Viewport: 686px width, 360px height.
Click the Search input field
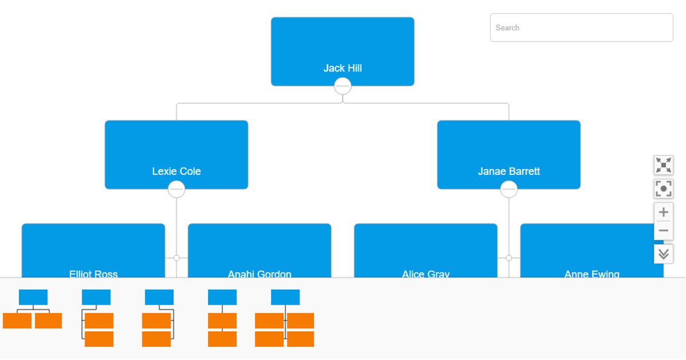tap(581, 27)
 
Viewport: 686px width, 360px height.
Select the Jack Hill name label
tap(342, 68)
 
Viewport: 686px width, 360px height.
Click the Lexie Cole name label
tap(176, 171)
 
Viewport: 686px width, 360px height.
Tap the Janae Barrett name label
tap(508, 171)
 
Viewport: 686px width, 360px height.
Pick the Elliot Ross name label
tap(93, 274)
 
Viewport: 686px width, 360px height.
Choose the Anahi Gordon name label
tap(260, 274)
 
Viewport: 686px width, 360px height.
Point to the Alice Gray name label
tap(425, 274)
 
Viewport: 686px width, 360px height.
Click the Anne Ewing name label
tap(592, 274)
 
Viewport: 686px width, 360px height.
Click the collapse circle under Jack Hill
tap(342, 86)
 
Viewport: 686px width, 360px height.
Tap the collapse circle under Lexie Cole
tap(176, 189)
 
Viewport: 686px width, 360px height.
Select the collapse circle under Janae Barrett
tap(508, 189)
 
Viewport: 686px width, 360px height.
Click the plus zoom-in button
tap(663, 212)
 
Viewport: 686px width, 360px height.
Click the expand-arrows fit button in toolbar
tap(663, 165)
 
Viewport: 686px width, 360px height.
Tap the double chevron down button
tap(663, 254)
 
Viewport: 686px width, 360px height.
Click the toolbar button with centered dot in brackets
tap(663, 189)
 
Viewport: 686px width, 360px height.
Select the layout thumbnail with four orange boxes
tap(285, 318)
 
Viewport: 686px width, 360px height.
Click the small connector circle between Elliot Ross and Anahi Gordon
tap(176, 258)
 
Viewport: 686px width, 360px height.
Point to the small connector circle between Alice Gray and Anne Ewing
tap(508, 258)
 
